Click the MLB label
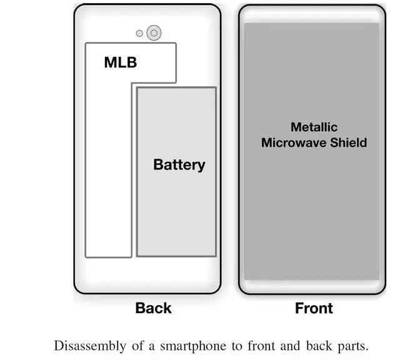click(x=120, y=62)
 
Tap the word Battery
click(x=179, y=165)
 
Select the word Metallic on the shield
click(x=314, y=127)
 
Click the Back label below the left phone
click(x=153, y=308)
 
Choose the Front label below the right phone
click(x=314, y=308)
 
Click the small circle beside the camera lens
click(x=140, y=33)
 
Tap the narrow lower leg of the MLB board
click(x=108, y=187)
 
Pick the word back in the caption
click(x=316, y=346)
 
